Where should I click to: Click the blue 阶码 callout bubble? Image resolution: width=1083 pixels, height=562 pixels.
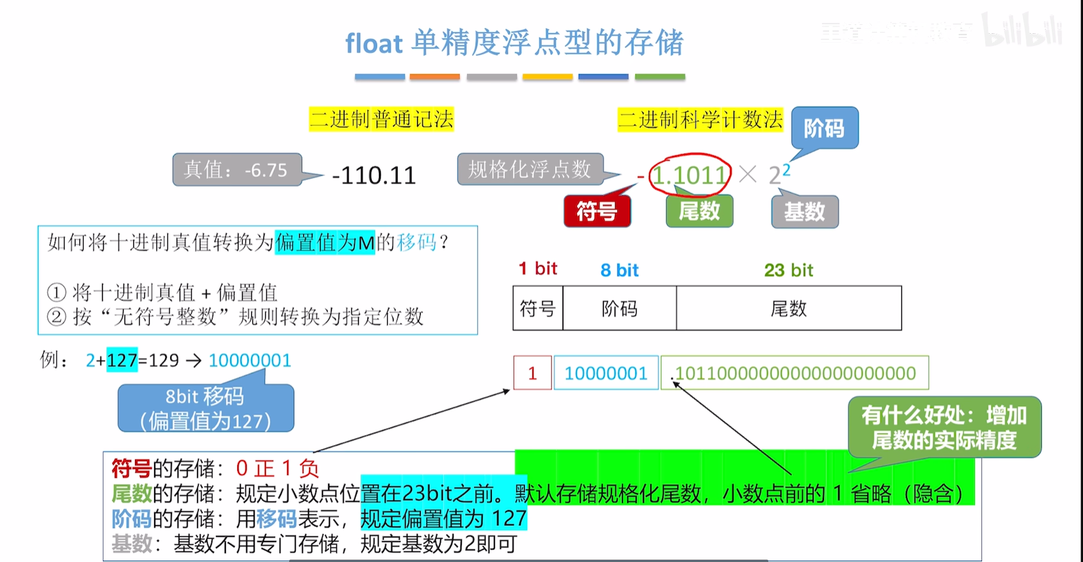tap(825, 129)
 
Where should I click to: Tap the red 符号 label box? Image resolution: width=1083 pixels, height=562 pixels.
tap(597, 211)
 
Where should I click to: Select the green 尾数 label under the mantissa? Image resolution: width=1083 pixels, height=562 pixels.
tap(699, 211)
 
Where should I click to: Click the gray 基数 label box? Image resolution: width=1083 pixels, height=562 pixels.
tap(805, 212)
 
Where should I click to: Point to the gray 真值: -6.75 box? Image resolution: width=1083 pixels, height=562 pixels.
tap(237, 169)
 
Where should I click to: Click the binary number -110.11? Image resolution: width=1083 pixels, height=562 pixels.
tap(374, 175)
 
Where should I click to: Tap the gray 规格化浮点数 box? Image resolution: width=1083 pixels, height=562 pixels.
tap(530, 169)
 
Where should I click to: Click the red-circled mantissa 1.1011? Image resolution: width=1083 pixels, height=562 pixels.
tap(690, 174)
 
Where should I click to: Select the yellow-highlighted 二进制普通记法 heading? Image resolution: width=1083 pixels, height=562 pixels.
tap(381, 120)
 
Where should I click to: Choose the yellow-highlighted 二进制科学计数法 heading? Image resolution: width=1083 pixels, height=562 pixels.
tap(700, 120)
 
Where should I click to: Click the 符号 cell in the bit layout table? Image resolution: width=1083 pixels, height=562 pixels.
tap(537, 309)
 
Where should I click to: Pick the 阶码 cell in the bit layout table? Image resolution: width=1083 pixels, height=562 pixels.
tap(619, 309)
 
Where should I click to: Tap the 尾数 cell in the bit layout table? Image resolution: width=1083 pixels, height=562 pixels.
tap(789, 309)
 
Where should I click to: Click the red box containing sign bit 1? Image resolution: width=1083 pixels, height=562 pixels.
tap(532, 373)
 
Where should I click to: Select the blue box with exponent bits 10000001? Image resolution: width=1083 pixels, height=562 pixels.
tap(606, 373)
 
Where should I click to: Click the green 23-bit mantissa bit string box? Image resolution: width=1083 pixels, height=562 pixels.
tap(795, 373)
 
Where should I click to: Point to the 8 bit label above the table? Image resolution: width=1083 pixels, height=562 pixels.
tap(619, 270)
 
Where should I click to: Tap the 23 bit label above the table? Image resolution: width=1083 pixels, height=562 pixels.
tap(788, 270)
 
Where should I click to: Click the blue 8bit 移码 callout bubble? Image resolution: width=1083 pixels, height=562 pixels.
tap(205, 409)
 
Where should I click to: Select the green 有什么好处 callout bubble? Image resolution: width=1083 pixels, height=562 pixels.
tap(944, 427)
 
